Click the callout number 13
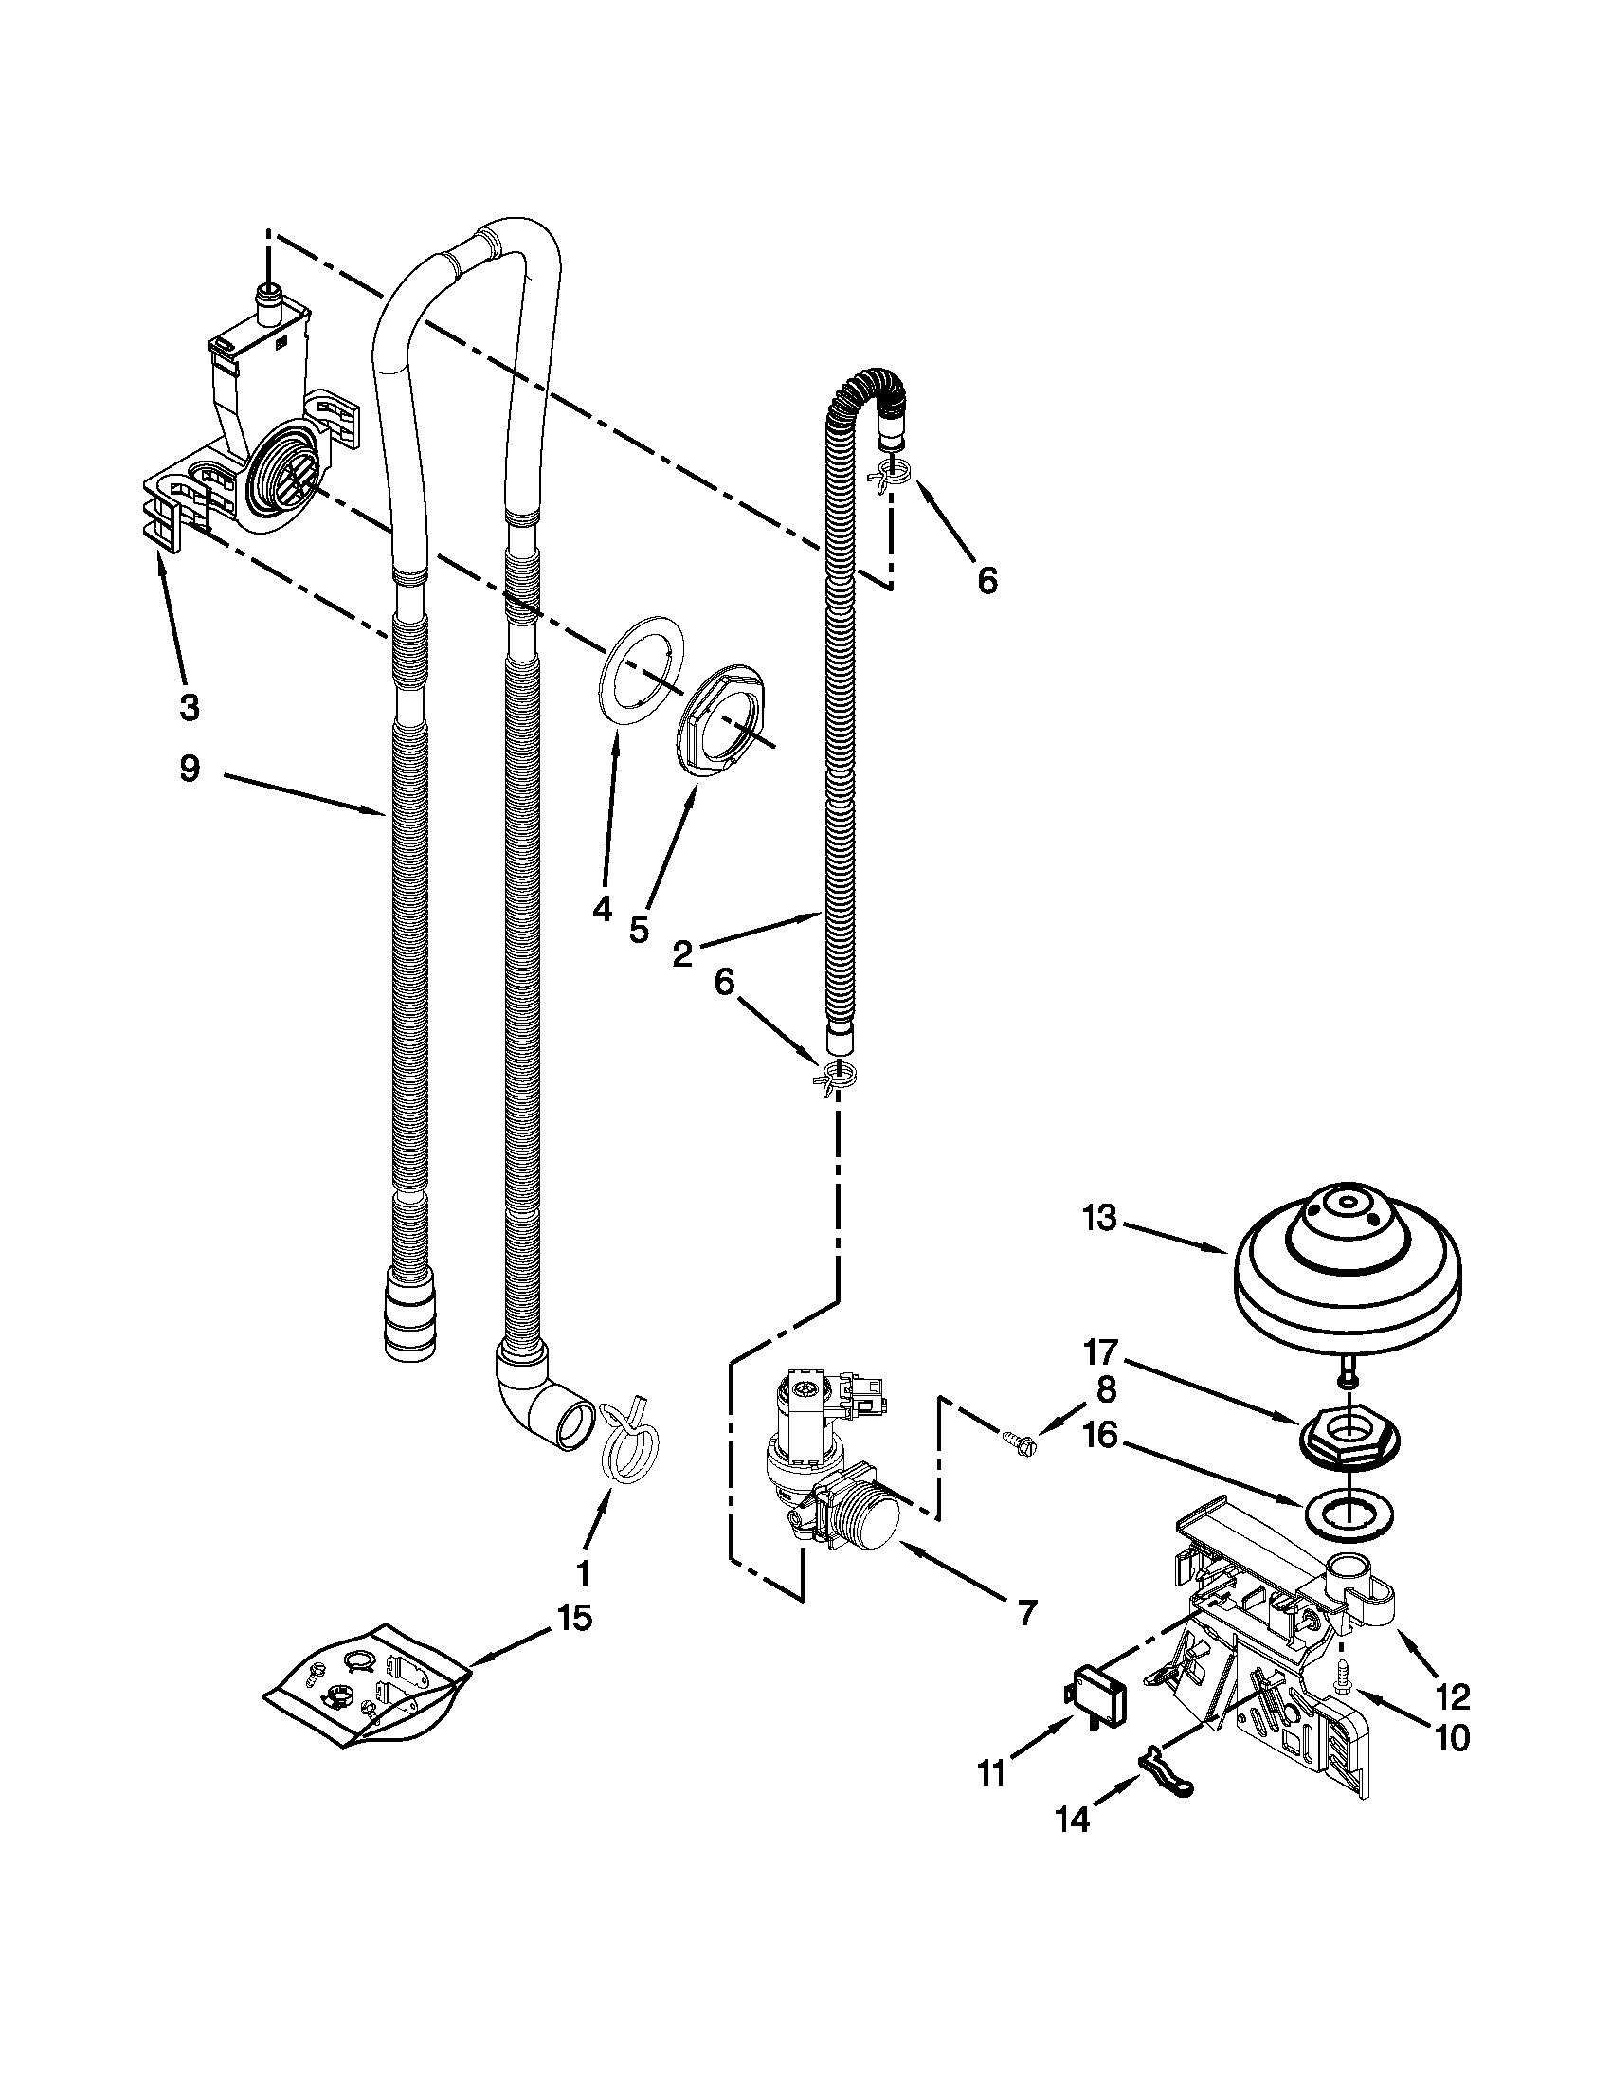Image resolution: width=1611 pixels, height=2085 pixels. (x=1100, y=1219)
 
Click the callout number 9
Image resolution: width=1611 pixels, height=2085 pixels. (x=190, y=769)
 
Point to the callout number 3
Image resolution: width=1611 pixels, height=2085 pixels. (x=190, y=706)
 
